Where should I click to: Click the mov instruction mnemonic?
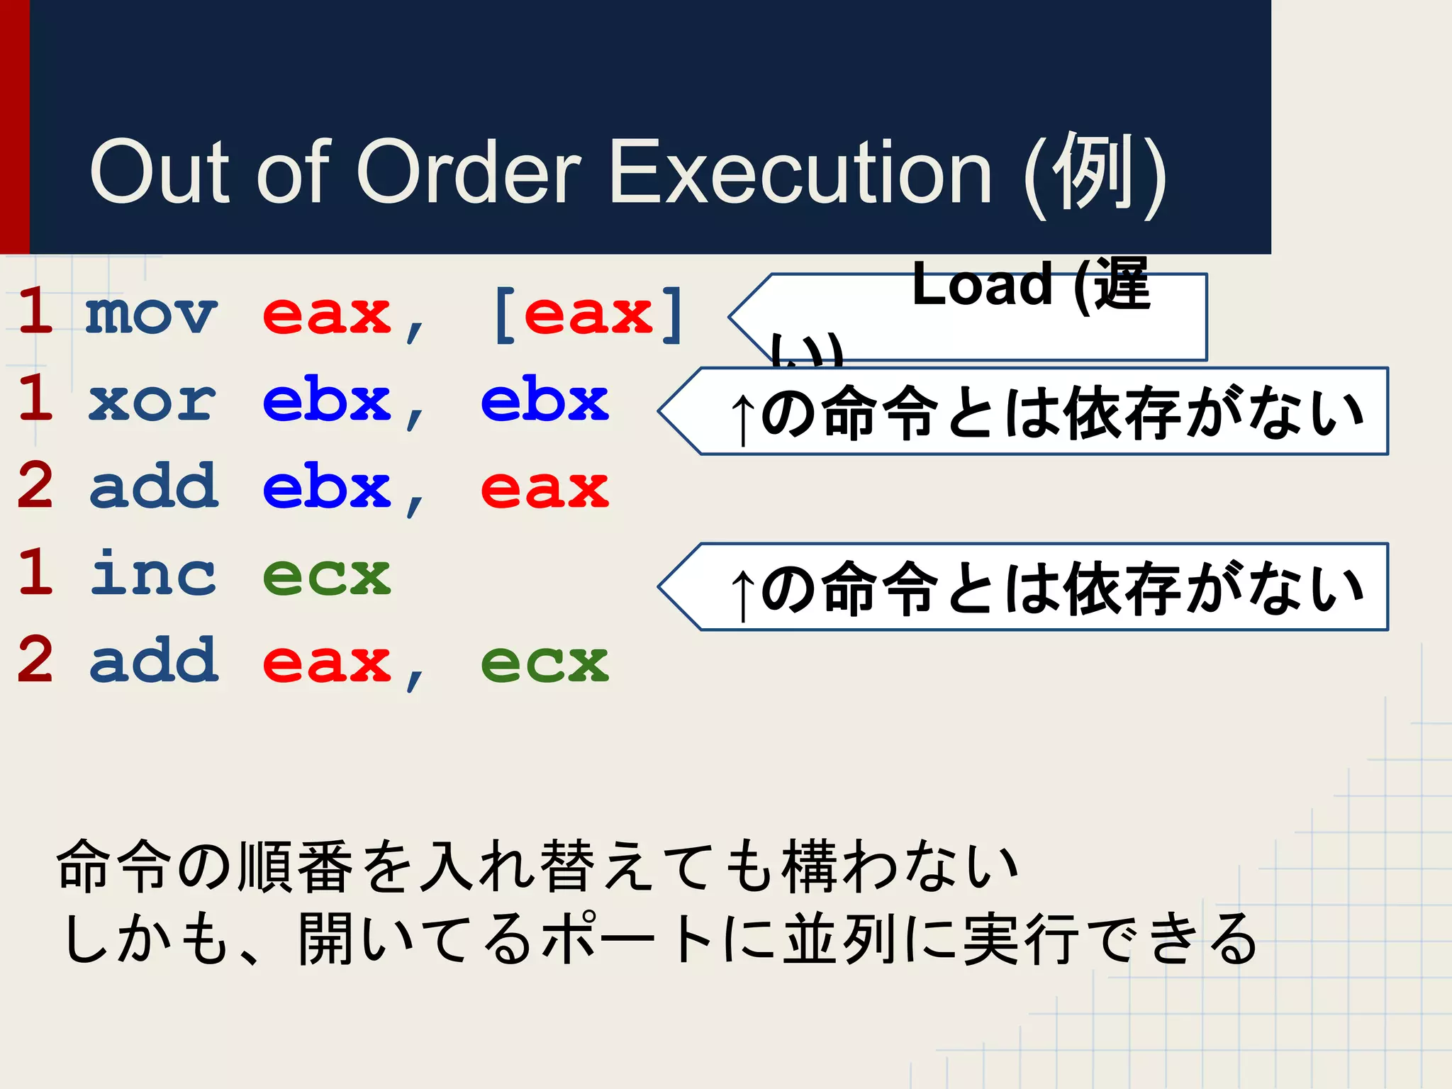150,314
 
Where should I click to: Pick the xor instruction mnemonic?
152,401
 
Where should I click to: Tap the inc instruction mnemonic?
152,574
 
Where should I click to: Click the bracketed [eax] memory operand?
588,314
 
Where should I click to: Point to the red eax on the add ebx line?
544,488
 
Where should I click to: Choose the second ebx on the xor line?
544,401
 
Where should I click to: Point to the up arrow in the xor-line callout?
742,418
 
